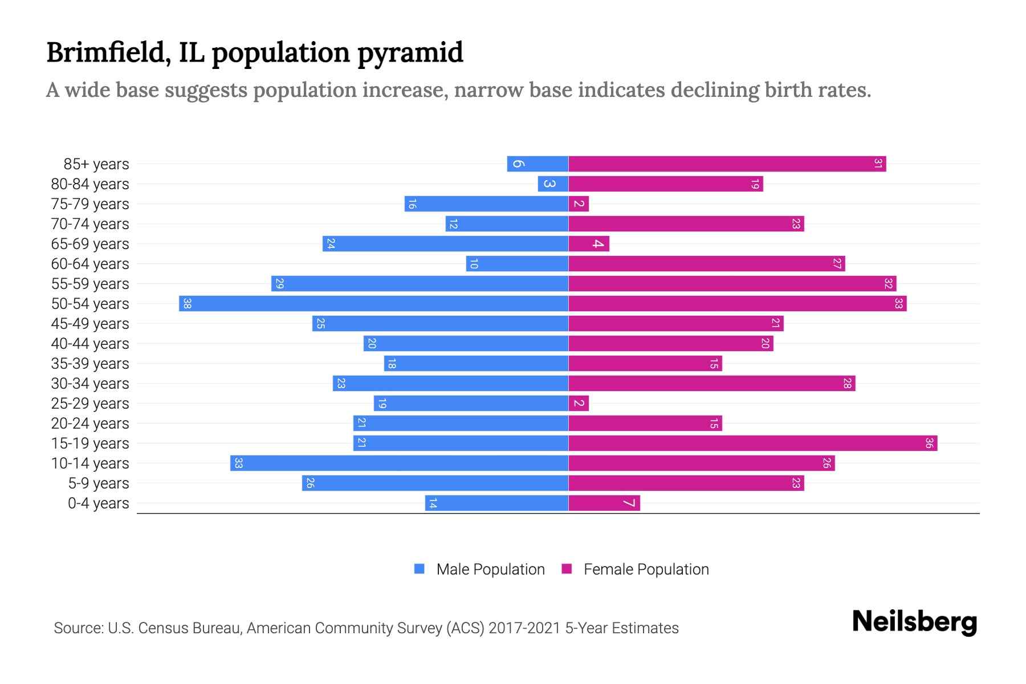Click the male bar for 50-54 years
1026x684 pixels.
click(373, 303)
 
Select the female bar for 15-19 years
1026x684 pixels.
click(752, 443)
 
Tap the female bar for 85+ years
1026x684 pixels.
click(727, 164)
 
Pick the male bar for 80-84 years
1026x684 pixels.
click(553, 184)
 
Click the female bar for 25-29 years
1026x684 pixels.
click(579, 403)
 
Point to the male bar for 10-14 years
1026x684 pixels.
click(399, 463)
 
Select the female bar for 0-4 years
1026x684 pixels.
click(604, 503)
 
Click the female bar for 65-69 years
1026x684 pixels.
click(589, 243)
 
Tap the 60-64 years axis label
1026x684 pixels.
click(90, 264)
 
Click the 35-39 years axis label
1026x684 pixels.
click(90, 364)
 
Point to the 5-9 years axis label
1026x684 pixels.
click(98, 483)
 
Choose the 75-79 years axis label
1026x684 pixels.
click(90, 204)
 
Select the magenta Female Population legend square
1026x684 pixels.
click(567, 569)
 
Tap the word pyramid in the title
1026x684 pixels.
click(410, 53)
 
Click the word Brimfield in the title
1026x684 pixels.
click(105, 52)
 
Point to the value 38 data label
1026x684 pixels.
click(187, 304)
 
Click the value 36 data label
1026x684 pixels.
click(929, 443)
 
